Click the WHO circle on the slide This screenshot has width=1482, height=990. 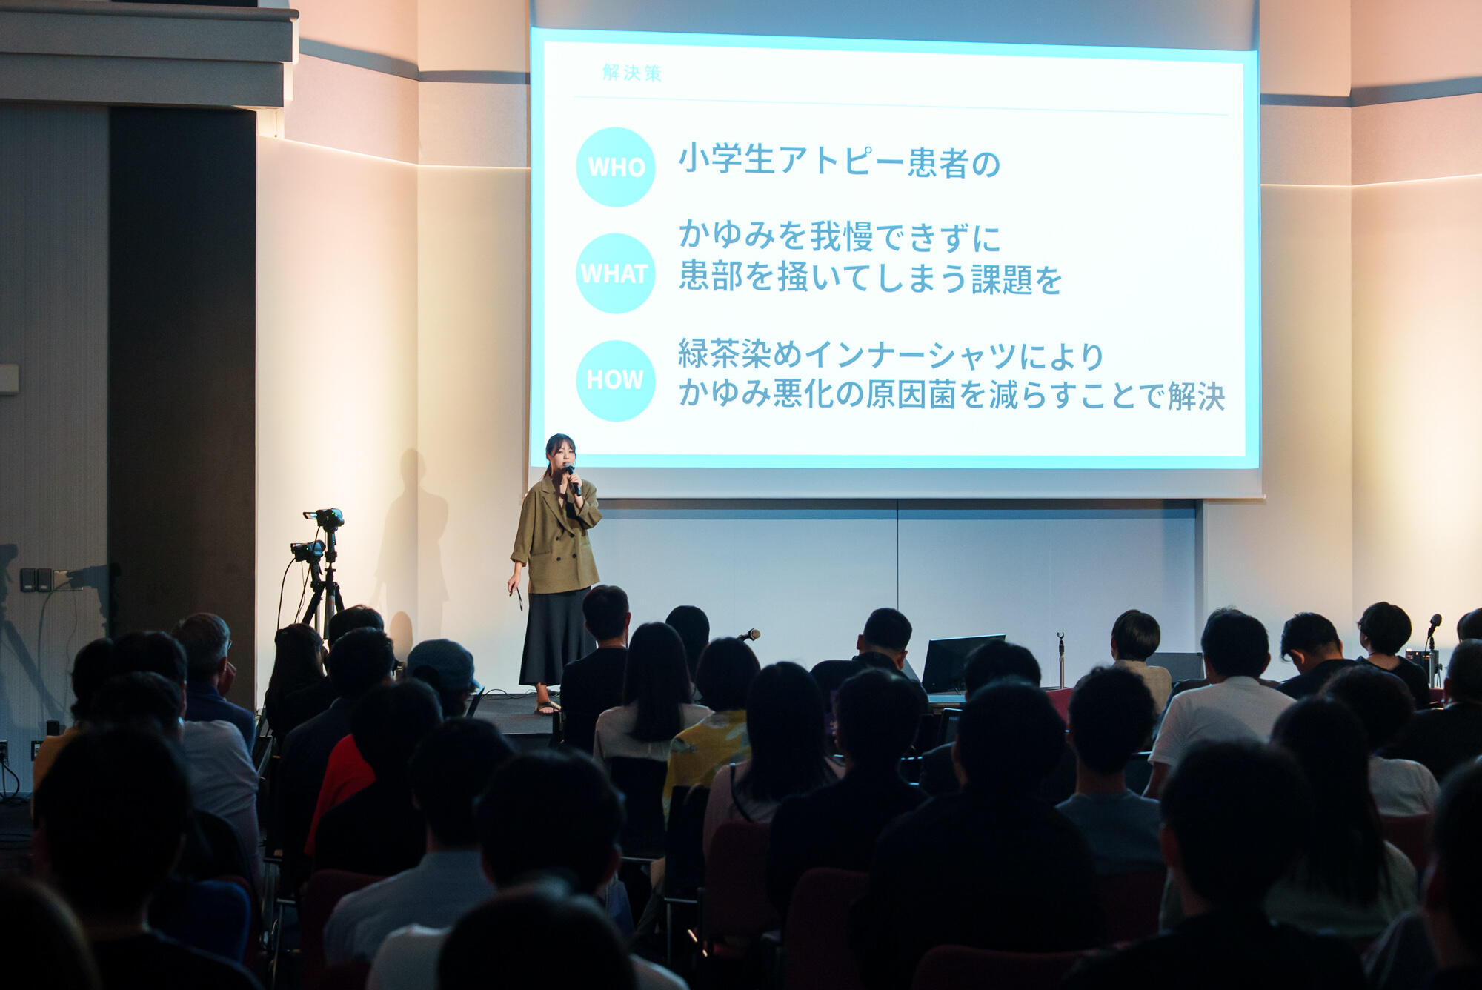click(x=615, y=167)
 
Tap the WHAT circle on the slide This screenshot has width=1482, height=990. click(x=615, y=273)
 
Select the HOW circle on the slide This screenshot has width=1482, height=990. click(x=615, y=380)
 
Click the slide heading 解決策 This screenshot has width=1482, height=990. click(x=631, y=73)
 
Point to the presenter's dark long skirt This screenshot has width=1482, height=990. click(x=556, y=637)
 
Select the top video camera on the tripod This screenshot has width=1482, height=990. click(x=325, y=517)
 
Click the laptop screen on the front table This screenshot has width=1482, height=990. click(x=962, y=662)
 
